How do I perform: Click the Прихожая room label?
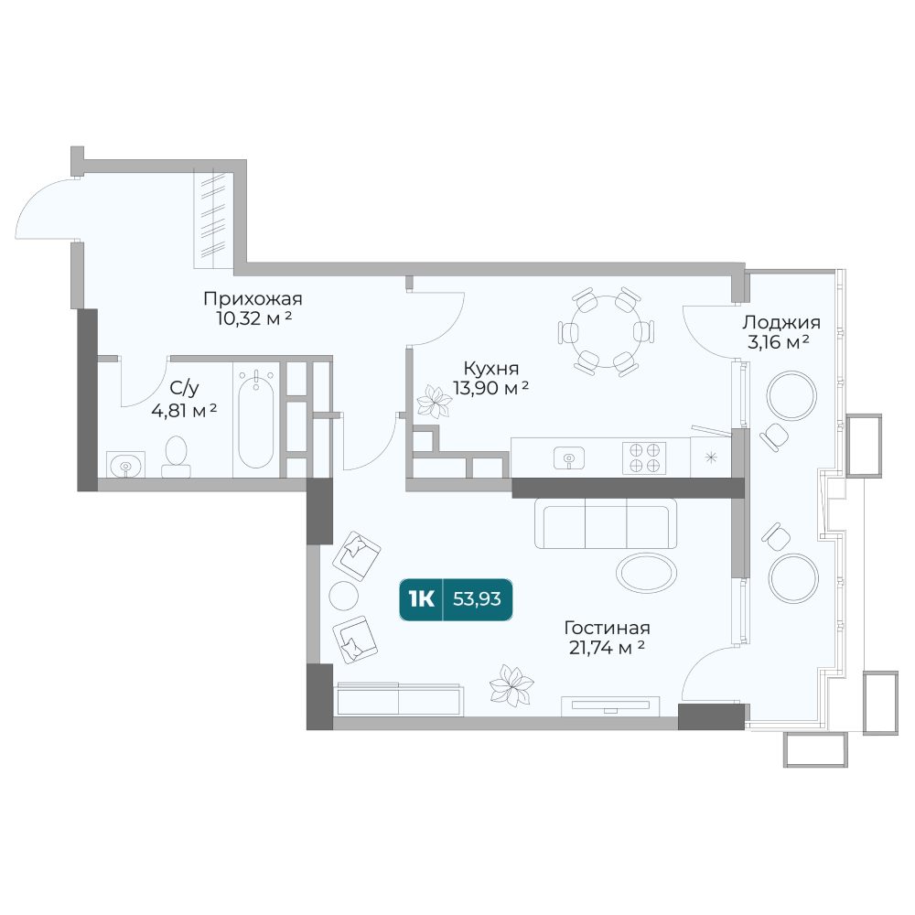coord(253,299)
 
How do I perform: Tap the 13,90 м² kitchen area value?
coord(490,387)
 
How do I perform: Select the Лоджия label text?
coord(780,322)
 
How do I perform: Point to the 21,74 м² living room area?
coord(607,647)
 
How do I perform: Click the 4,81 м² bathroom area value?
coord(184,411)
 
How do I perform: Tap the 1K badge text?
coord(421,598)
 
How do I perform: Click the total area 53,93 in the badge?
coord(477,598)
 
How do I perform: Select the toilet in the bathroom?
coord(176,457)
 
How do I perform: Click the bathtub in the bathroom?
coord(255,420)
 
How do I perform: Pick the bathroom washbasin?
coord(125,465)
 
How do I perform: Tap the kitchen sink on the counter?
coord(569,458)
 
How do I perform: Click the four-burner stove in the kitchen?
coord(644,457)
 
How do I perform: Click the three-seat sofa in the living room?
coord(606,523)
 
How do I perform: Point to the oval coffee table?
coord(646,573)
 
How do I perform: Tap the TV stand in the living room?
coord(610,706)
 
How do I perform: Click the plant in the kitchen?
coord(434,402)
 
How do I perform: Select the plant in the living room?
coord(511,685)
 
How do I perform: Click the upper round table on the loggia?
coord(791,395)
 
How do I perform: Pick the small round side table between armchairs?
coord(344,596)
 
